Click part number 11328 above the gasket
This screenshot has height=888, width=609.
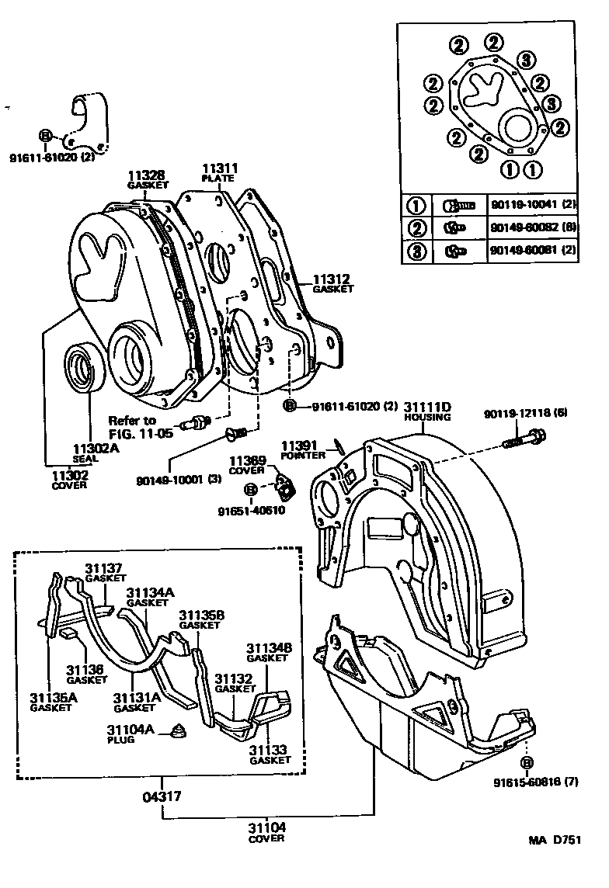(148, 176)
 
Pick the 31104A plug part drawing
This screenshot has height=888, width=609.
(180, 730)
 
